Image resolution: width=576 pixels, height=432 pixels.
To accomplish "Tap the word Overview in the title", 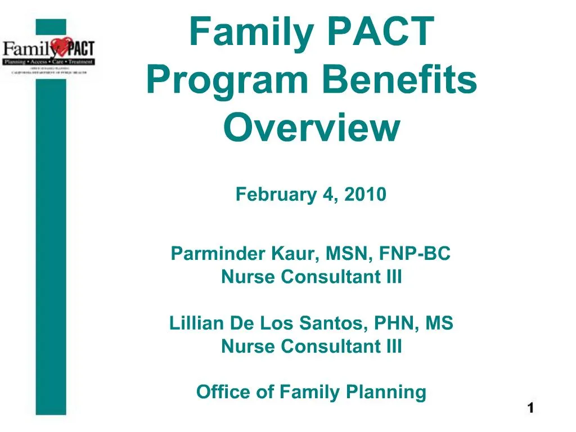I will [311, 128].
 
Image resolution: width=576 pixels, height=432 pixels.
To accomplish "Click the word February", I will [277, 195].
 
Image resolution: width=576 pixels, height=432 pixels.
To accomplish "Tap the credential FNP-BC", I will [415, 254].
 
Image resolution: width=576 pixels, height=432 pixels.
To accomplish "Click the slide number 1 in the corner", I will [530, 408].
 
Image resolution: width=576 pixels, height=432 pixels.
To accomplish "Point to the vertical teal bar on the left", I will [51, 253].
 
